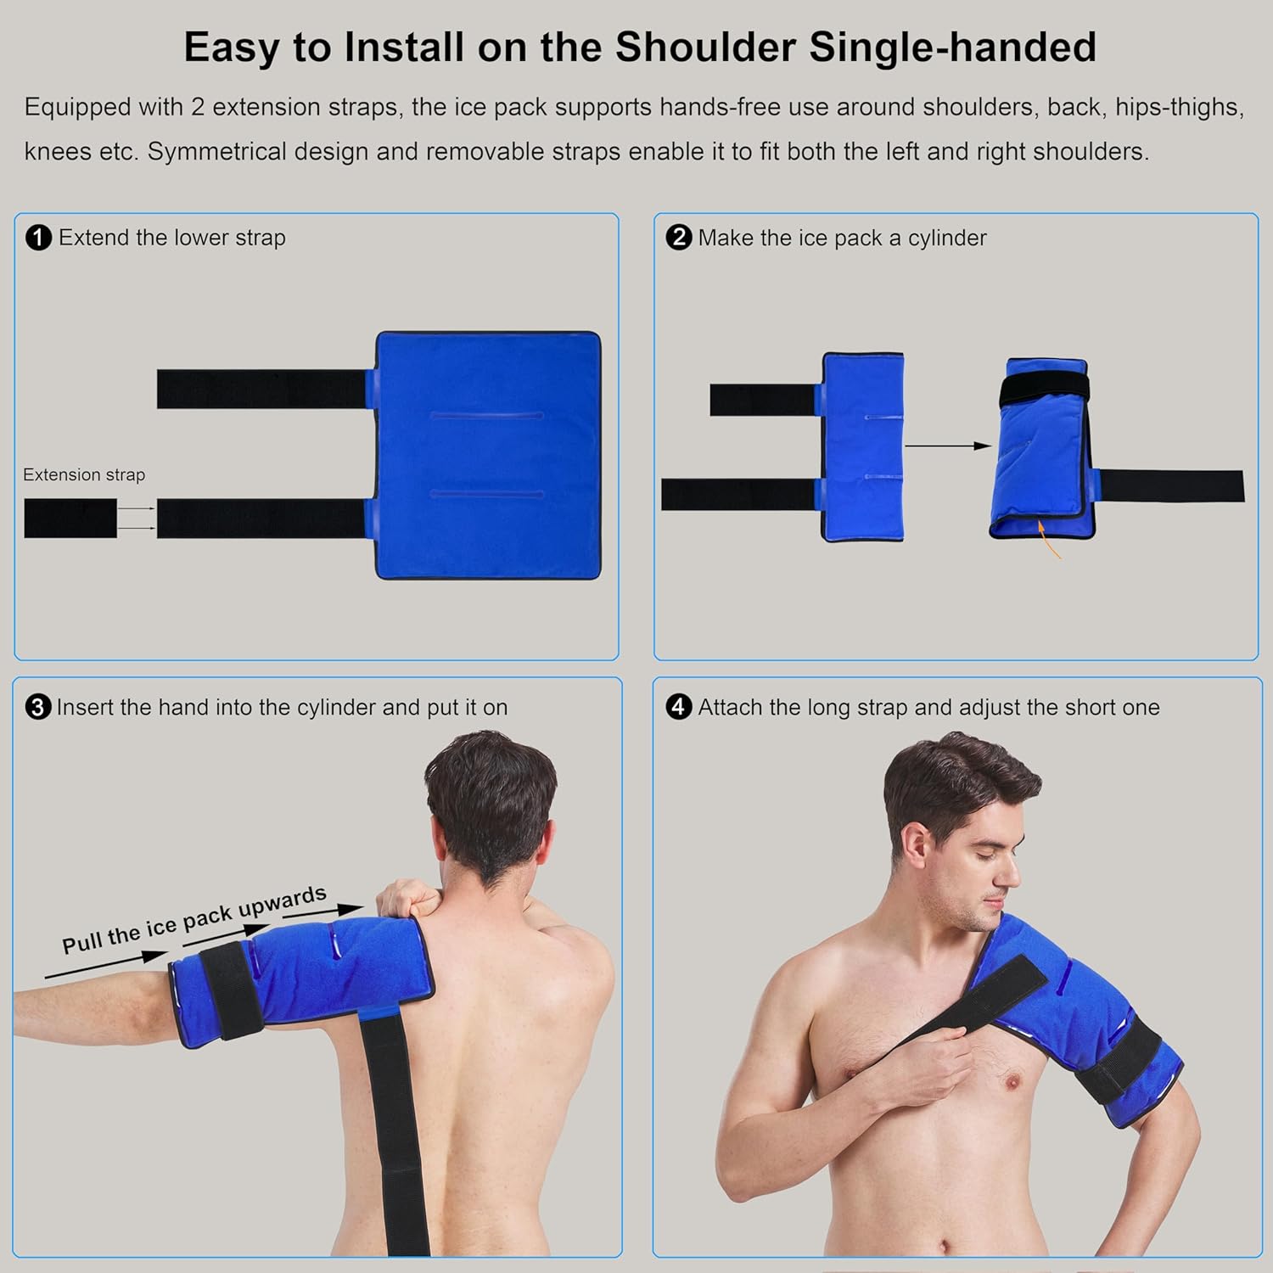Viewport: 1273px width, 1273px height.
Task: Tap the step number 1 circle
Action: point(39,238)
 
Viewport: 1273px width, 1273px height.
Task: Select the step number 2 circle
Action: point(678,238)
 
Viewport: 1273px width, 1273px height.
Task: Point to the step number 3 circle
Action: point(38,707)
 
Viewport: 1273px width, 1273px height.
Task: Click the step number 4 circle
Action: point(678,707)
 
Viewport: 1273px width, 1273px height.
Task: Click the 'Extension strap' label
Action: point(84,474)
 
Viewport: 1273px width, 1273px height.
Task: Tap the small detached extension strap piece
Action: point(70,518)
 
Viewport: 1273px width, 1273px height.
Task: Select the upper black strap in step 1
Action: point(261,389)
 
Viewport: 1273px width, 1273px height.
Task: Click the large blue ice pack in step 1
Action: point(488,456)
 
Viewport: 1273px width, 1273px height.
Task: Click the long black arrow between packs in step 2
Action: point(947,446)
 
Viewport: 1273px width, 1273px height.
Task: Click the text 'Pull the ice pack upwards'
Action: point(194,920)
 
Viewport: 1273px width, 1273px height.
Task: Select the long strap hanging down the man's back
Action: point(395,1129)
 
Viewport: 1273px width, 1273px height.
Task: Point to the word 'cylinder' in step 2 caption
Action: point(947,238)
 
